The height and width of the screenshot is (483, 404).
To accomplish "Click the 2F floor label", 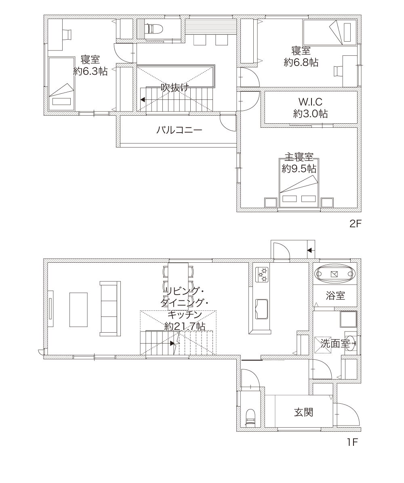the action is click(x=355, y=224).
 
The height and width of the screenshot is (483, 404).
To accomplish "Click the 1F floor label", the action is click(x=353, y=442).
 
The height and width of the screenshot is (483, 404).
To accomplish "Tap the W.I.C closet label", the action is click(x=310, y=101).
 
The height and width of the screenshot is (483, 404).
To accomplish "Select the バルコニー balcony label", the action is click(x=179, y=130).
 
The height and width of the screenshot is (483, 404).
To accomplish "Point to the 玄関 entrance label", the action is click(x=304, y=412).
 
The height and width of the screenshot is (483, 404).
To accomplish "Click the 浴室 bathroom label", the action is click(x=335, y=296).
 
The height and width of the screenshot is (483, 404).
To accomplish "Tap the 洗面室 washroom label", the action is click(x=335, y=343).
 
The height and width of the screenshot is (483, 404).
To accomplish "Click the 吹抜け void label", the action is click(x=175, y=88).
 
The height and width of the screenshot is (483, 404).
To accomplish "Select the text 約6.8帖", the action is click(x=301, y=63).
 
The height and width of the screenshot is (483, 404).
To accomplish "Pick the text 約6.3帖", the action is click(x=90, y=71).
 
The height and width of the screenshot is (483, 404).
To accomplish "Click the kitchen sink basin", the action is click(x=262, y=309).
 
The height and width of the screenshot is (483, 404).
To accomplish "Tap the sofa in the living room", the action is click(x=110, y=308).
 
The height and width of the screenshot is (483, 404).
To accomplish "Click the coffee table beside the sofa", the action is click(x=78, y=310).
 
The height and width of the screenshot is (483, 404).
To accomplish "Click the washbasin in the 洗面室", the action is click(x=351, y=342).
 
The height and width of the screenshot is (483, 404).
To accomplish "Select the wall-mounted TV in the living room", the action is click(x=51, y=308).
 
